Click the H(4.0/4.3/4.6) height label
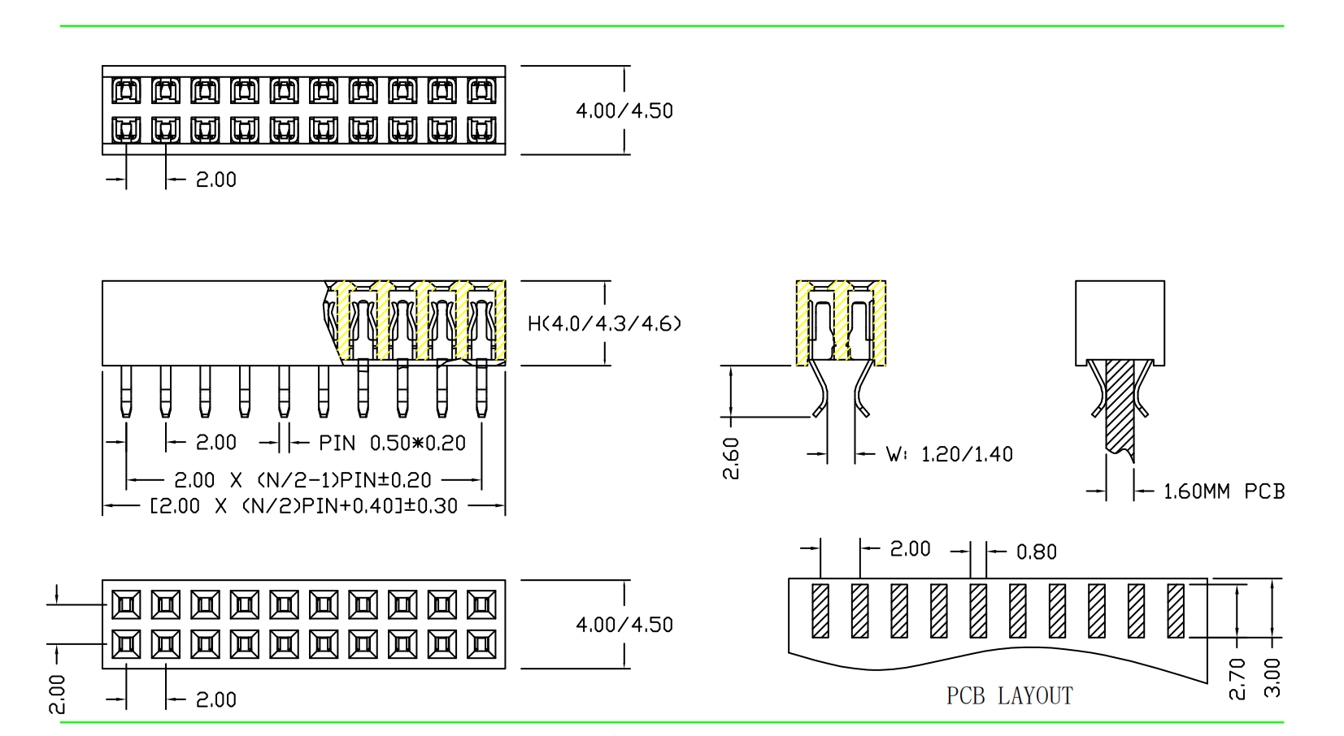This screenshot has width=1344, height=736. click(604, 324)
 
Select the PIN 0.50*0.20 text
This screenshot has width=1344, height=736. click(392, 444)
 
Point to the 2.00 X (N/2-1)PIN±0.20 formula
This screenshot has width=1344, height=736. click(302, 480)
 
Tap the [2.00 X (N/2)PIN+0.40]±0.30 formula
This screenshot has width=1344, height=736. click(304, 506)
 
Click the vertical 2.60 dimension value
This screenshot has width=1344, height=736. click(731, 459)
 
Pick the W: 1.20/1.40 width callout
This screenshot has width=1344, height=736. click(950, 455)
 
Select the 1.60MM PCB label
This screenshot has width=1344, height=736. click(1224, 491)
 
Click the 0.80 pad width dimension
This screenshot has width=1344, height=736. click(1037, 552)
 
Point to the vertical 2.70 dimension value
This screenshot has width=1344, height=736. click(1237, 678)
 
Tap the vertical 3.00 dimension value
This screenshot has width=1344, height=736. click(1272, 678)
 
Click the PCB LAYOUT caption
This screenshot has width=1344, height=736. click(1009, 696)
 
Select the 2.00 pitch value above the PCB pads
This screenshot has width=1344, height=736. click(910, 549)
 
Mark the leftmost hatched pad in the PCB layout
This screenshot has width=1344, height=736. click(820, 610)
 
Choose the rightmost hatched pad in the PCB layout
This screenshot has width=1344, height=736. click(1176, 610)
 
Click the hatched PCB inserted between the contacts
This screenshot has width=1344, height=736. click(1120, 406)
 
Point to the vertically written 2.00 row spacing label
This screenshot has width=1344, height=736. click(57, 694)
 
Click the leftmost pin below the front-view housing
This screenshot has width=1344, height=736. click(126, 392)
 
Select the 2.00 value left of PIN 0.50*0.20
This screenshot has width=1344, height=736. click(216, 443)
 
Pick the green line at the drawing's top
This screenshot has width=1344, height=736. click(672, 26)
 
